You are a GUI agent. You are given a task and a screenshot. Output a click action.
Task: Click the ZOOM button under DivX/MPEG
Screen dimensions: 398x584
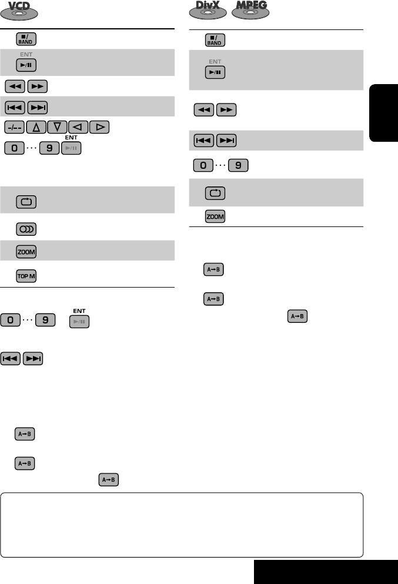tap(215, 217)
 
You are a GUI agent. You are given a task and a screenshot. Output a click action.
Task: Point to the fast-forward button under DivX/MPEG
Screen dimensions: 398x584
tap(226, 109)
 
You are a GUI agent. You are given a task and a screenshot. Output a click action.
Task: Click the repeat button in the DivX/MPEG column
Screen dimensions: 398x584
tap(215, 193)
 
